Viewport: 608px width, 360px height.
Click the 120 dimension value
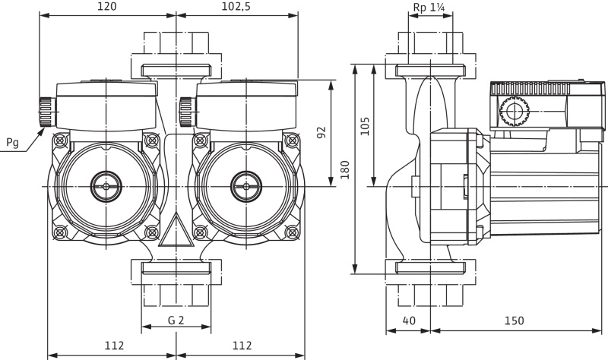click(x=106, y=7)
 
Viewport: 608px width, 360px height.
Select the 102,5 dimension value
click(x=236, y=7)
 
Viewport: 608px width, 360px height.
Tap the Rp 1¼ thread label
click(x=429, y=7)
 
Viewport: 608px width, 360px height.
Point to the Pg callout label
click(x=12, y=143)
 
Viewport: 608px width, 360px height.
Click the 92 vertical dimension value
click(x=321, y=132)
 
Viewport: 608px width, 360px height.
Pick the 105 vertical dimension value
click(x=365, y=126)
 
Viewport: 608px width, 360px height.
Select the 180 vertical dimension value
click(x=345, y=169)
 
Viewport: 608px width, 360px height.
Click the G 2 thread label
click(x=176, y=320)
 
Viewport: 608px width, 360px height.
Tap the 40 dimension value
click(x=409, y=321)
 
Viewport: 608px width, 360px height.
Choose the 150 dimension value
click(x=514, y=321)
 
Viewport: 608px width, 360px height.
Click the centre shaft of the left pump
click(x=106, y=186)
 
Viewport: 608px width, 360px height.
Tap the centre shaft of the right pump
click(x=246, y=186)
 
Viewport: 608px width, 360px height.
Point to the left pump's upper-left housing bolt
click(x=60, y=141)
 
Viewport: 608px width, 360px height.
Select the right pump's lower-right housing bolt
click(x=292, y=232)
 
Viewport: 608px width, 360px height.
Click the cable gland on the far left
click(x=46, y=112)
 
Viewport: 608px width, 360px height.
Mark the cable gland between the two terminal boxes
click(x=187, y=112)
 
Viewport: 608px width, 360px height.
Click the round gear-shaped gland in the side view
click(x=515, y=111)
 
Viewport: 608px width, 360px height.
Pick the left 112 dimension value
click(x=114, y=346)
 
